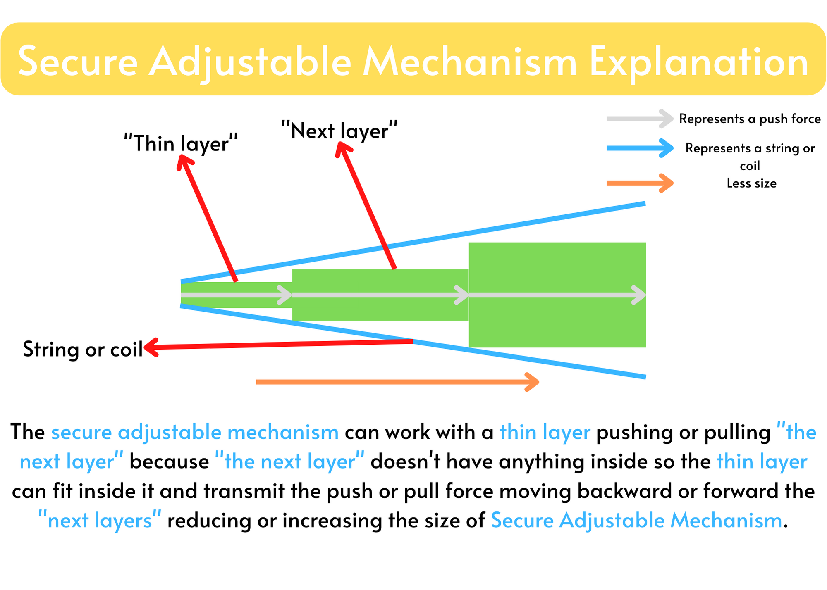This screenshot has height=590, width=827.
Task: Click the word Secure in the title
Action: point(78,62)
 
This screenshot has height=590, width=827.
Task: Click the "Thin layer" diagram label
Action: point(181,143)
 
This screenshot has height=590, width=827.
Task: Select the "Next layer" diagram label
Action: point(339,131)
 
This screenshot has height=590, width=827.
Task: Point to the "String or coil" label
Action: point(83,349)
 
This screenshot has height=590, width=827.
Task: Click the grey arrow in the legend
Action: point(640,119)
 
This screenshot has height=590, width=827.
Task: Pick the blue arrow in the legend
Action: point(640,148)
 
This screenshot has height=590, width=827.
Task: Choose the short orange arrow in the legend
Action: point(640,183)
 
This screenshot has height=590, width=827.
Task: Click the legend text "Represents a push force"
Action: point(750,119)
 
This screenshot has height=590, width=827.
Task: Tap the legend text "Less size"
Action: point(751,183)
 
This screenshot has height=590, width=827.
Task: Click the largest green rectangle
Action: point(557,295)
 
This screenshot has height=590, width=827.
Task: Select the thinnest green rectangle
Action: point(237,295)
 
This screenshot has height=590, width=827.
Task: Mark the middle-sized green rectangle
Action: point(380,295)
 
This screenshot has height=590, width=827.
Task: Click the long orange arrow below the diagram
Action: point(398,382)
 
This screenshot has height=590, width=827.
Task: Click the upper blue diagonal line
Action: point(413,243)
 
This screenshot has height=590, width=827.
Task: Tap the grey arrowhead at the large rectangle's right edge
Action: point(639,295)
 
